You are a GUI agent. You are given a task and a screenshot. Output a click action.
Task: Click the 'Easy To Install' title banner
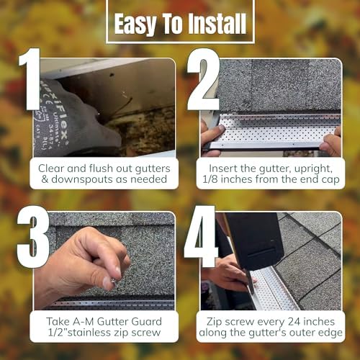pyautogui.click(x=180, y=24)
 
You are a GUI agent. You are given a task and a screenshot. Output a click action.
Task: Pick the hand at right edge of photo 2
pyautogui.click(x=332, y=141)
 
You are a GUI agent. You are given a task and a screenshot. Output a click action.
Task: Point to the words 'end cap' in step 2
pyautogui.click(x=310, y=180)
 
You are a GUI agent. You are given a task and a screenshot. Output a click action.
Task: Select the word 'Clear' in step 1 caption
pyautogui.click(x=53, y=166)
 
